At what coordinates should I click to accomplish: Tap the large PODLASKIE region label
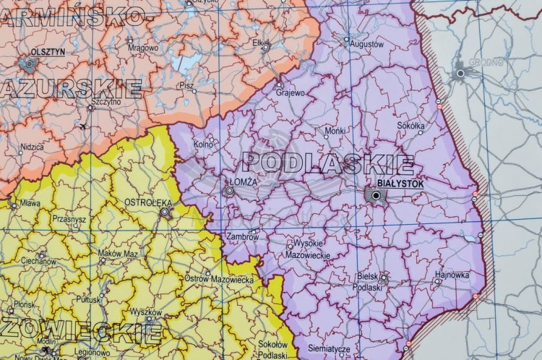click(329, 163)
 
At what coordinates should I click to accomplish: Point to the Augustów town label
click(366, 44)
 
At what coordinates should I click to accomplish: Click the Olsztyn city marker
click(30, 64)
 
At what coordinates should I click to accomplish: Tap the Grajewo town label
click(290, 93)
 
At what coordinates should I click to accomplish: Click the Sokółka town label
click(411, 125)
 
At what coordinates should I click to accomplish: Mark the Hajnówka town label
click(453, 275)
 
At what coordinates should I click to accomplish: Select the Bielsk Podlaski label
click(369, 281)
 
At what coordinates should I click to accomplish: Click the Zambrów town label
click(242, 236)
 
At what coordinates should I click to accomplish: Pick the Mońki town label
click(335, 131)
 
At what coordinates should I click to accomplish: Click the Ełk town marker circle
click(265, 46)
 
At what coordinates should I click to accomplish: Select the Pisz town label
click(186, 85)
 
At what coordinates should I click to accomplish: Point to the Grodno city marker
click(460, 73)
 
